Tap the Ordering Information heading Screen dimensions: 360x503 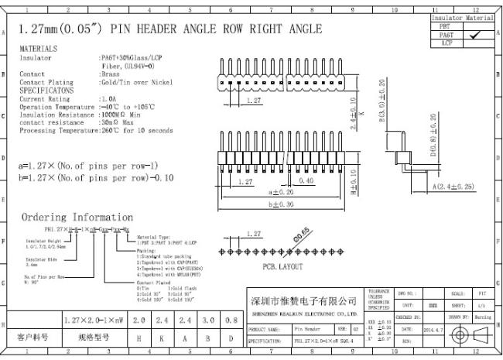point(77,218)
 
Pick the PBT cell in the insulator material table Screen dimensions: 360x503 point(445,25)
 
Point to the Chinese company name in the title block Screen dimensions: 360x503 point(303,300)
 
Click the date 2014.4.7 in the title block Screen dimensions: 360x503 point(434,329)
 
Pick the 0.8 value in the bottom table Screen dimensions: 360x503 point(231,320)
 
